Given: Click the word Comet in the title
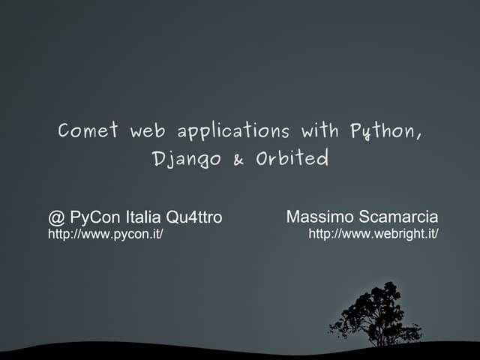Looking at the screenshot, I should [88, 131].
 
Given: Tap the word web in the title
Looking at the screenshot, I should [147, 132].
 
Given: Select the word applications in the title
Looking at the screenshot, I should [233, 133].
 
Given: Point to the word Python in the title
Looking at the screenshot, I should [381, 132].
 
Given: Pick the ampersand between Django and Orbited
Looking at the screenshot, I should [239, 160].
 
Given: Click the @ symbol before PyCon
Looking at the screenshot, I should [56, 218].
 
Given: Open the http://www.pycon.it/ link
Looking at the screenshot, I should [106, 235].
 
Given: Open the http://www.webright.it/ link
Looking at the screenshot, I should [373, 235].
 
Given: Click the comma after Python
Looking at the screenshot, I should [418, 138].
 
